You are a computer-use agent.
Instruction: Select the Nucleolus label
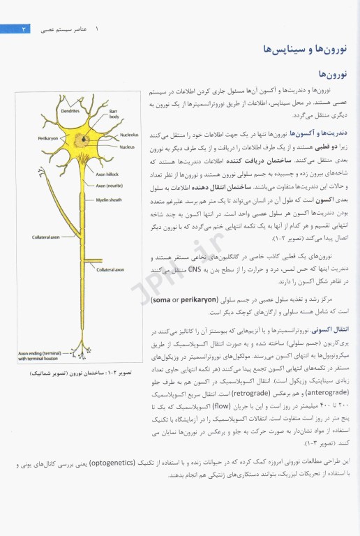click(128, 134)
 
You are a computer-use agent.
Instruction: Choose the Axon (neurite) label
click(110, 186)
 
